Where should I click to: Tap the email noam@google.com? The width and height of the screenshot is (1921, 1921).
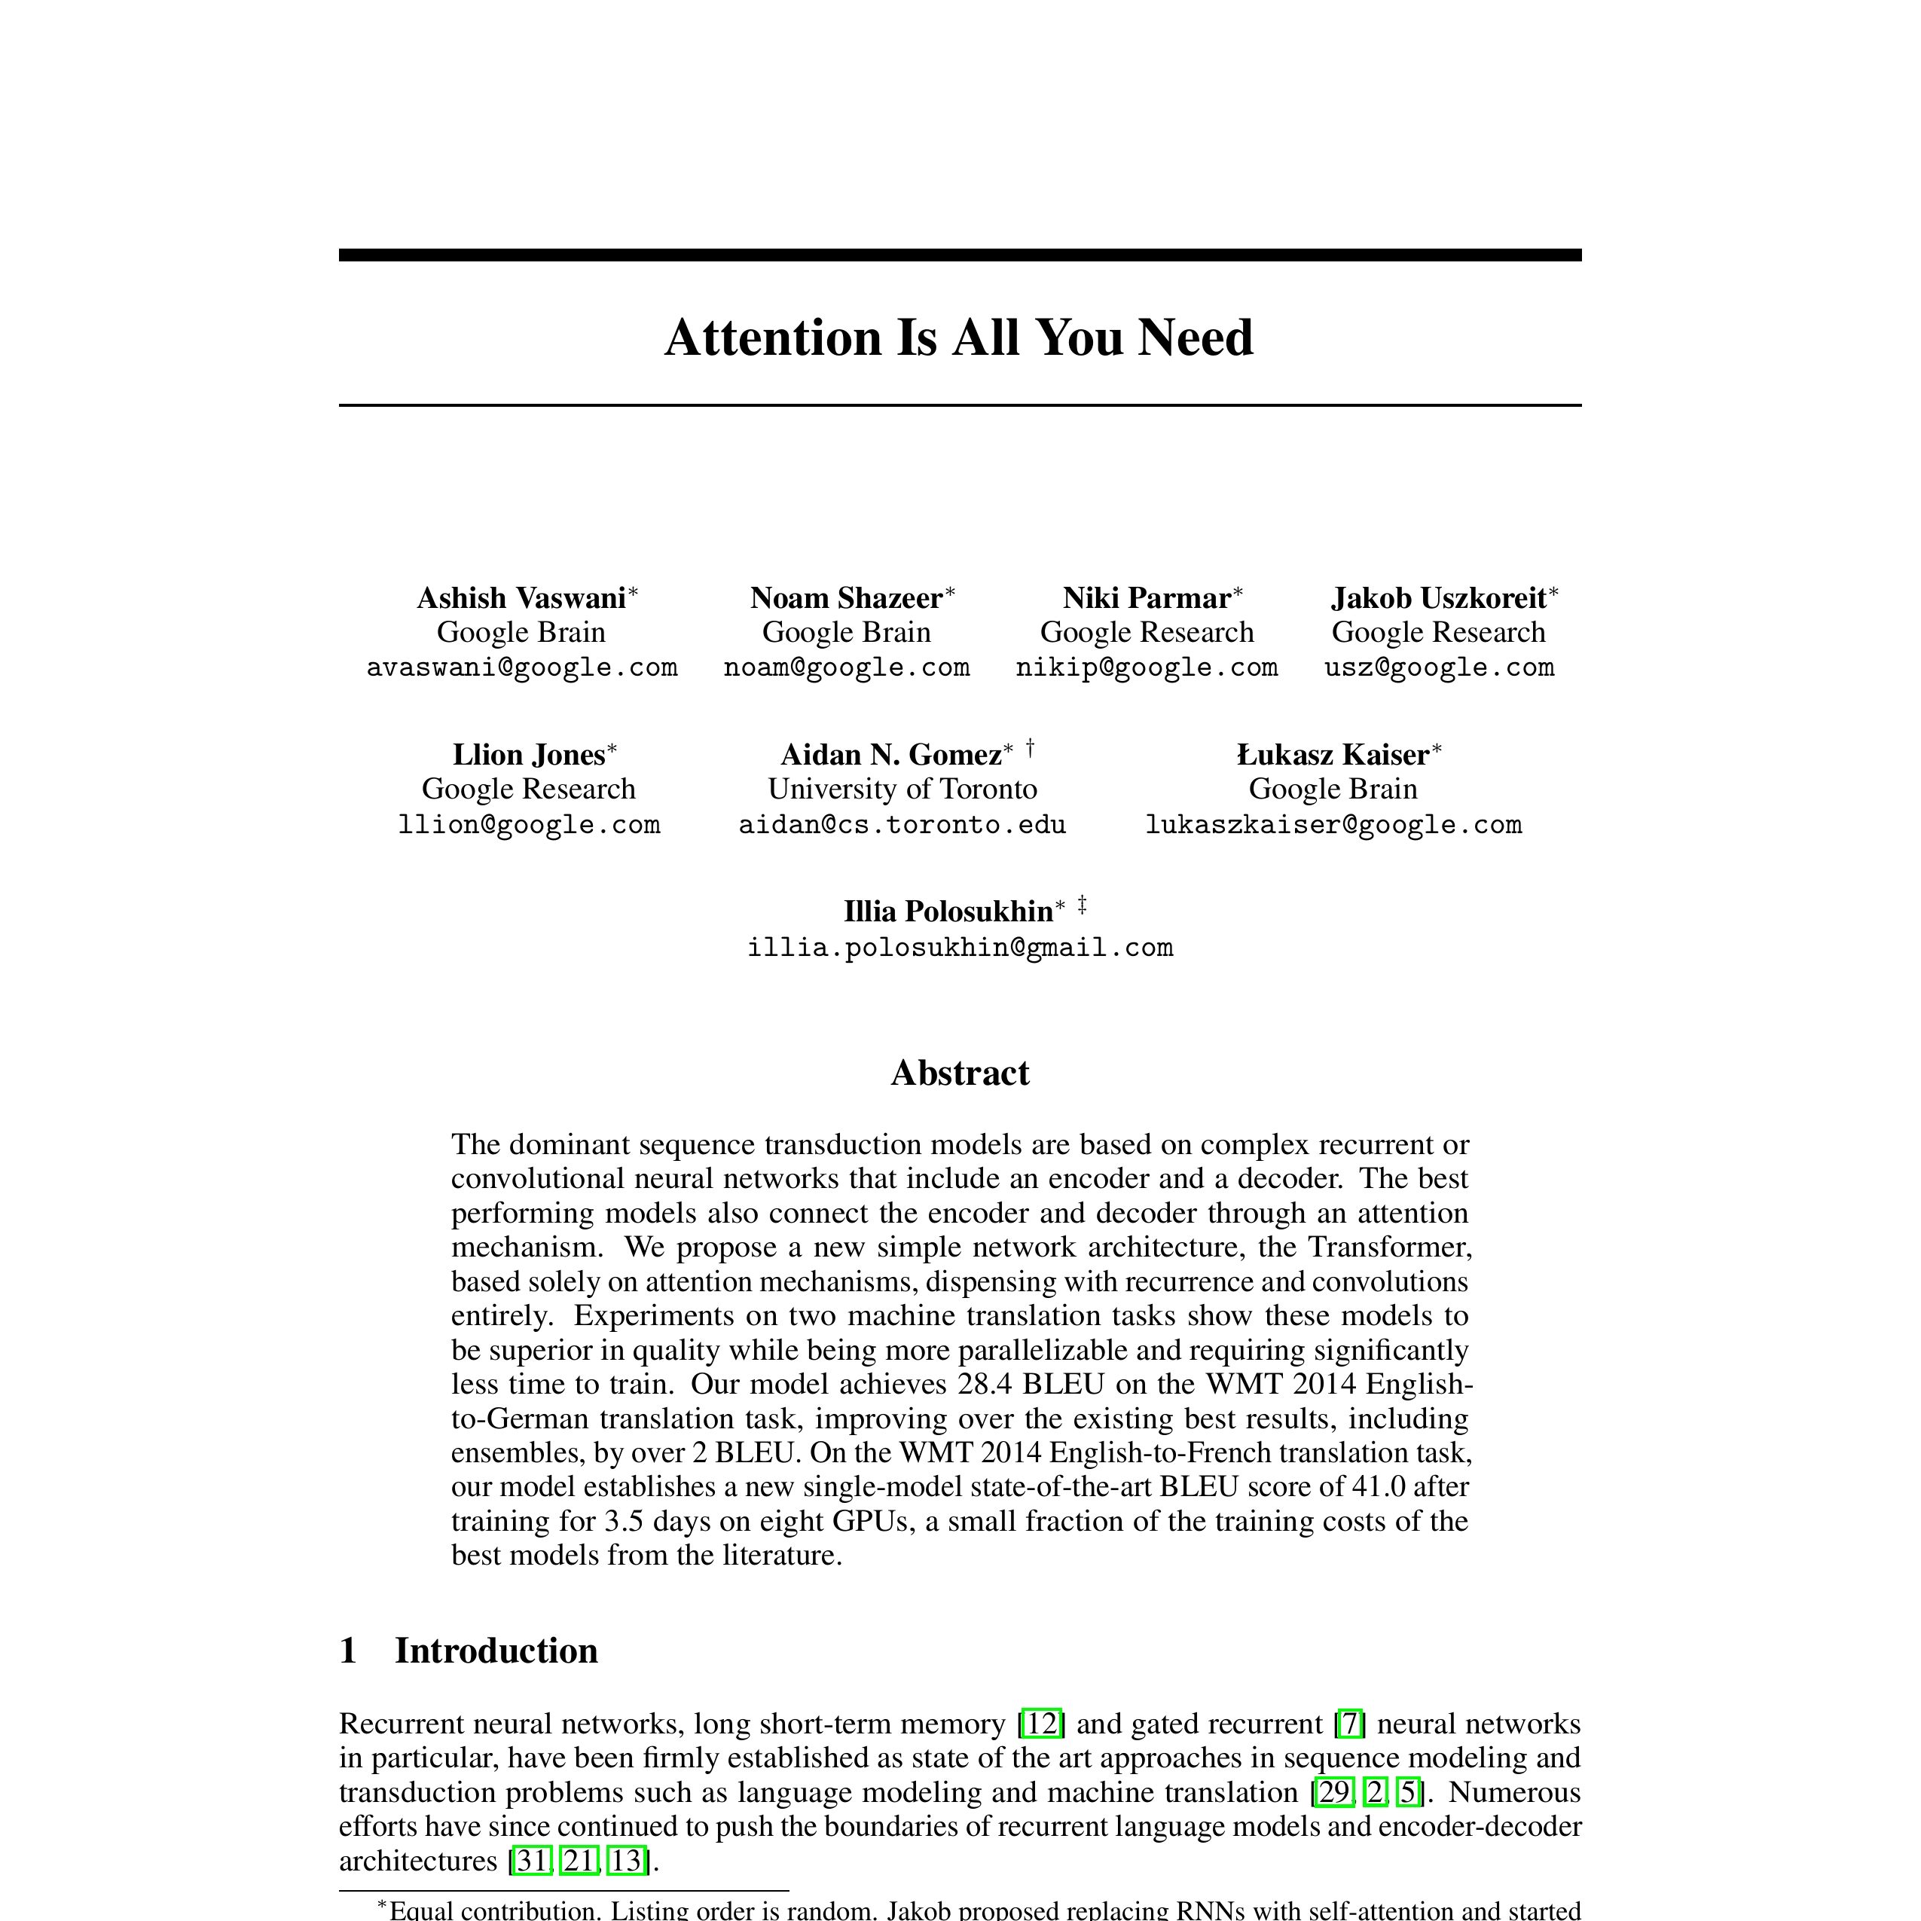pyautogui.click(x=846, y=667)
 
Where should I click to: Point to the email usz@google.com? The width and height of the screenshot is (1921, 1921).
pyautogui.click(x=1439, y=667)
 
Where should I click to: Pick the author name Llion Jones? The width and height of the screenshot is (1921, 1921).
pyautogui.click(x=529, y=755)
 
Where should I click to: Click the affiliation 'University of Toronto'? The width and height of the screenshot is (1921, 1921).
pyautogui.click(x=902, y=789)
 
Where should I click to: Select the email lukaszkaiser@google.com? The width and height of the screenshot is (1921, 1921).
pyautogui.click(x=1333, y=824)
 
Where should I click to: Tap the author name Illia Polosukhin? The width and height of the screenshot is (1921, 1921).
pyautogui.click(x=948, y=911)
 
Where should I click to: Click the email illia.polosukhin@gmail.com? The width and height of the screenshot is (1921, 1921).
pyautogui.click(x=960, y=948)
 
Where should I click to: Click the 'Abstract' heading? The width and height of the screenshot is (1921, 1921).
pyautogui.click(x=960, y=1073)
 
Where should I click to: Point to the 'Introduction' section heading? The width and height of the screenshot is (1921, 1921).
pyautogui.click(x=496, y=1651)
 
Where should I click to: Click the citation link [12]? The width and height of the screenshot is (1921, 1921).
pyautogui.click(x=1041, y=1723)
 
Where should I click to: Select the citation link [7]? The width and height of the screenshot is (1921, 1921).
pyautogui.click(x=1349, y=1723)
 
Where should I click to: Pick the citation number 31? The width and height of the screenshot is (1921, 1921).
pyautogui.click(x=531, y=1860)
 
